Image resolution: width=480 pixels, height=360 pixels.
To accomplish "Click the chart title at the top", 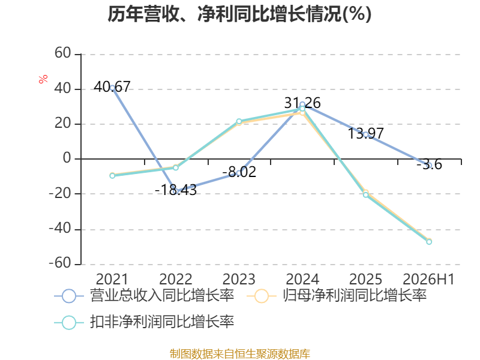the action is coord(239,14).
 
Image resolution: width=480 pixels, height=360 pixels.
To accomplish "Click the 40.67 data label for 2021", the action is coord(112,86).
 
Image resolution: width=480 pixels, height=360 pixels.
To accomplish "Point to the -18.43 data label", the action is coord(176,190).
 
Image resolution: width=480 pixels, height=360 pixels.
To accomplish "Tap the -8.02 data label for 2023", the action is coord(239,172).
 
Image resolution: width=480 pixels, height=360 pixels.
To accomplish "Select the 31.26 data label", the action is coord(302,103).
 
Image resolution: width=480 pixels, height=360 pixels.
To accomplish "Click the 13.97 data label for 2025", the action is coord(366,133).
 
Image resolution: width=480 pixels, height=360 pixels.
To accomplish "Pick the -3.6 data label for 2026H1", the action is coord(429,164).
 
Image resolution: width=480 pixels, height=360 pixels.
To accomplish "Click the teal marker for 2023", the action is coord(239,121).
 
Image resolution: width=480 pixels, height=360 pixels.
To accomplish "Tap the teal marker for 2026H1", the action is coord(429,242).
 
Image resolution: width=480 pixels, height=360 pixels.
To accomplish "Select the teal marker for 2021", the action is coord(112,176).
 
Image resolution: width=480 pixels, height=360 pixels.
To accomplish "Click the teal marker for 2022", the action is coord(176,168).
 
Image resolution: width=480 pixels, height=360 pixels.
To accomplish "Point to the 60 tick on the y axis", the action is coord(63,53).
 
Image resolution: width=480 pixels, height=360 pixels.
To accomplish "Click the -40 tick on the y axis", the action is coord(60,229).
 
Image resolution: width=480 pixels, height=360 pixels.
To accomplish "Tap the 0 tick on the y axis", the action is coord(67,158).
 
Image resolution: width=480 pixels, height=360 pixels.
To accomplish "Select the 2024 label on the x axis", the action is coord(302,279).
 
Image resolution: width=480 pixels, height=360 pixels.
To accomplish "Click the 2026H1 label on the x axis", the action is coord(428,279).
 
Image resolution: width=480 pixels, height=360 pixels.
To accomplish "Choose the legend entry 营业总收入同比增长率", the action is coord(144,296).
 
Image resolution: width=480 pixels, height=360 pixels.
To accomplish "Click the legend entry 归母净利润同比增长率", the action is coord(337,296).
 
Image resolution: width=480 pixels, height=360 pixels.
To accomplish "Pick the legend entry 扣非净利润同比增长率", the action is coord(144,322).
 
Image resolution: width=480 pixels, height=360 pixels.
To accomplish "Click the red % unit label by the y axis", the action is coord(43,79).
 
